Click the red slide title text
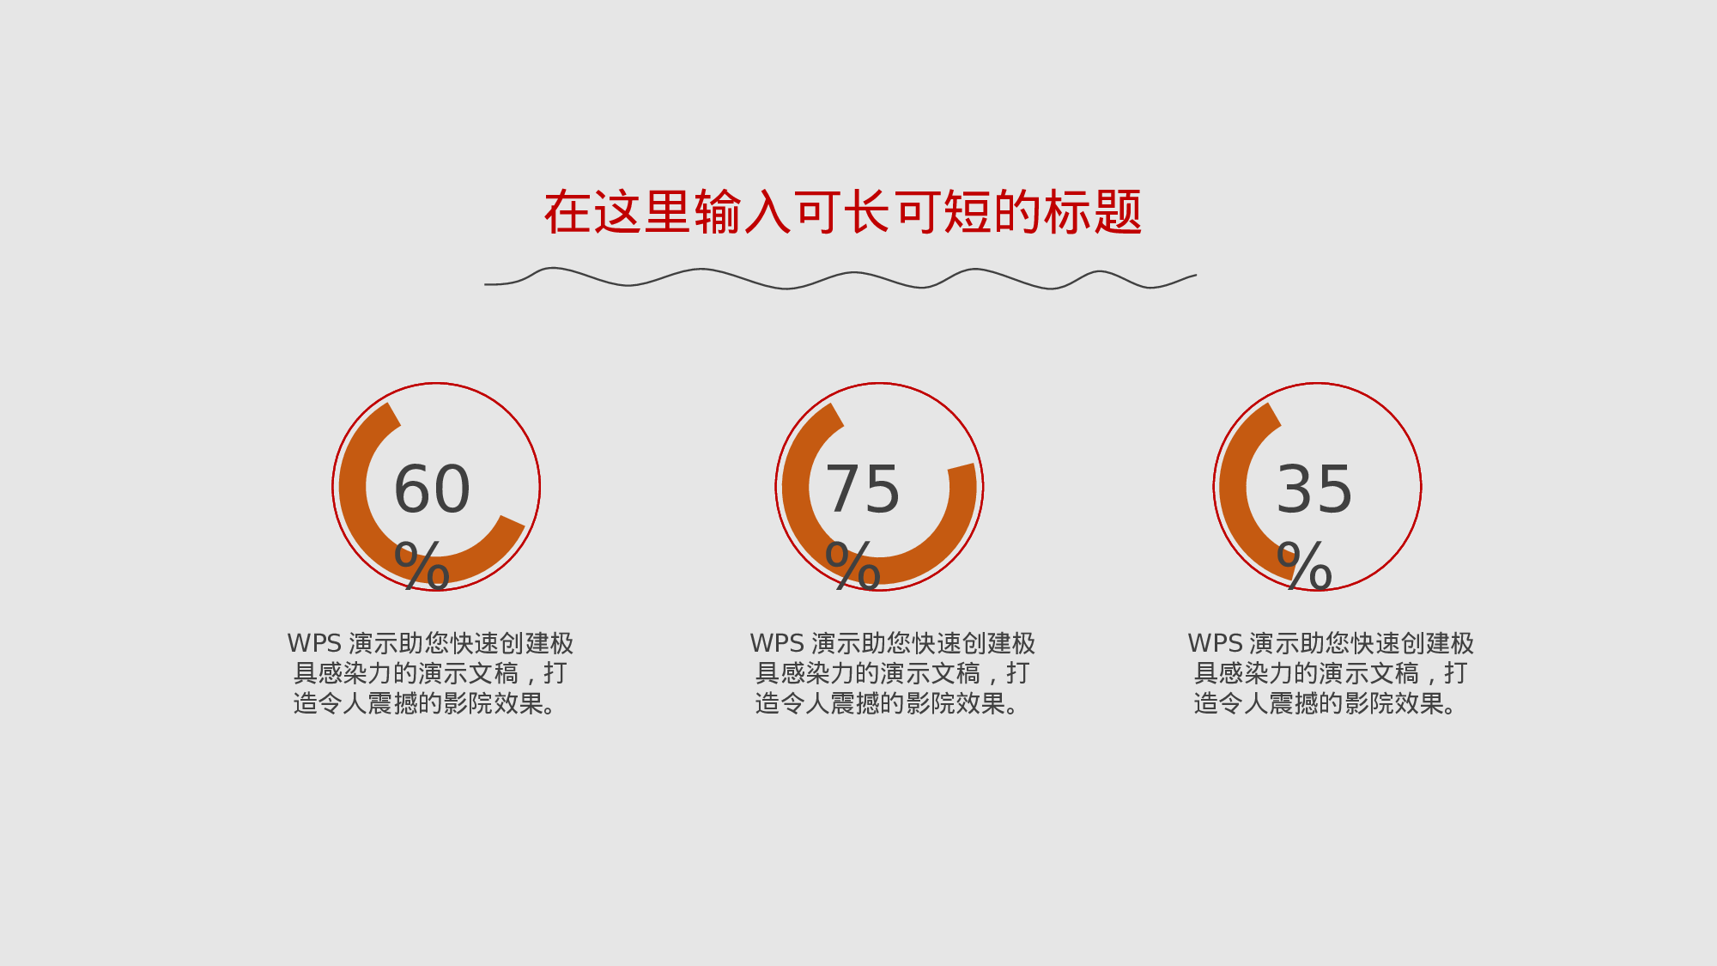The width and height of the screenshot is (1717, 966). pos(843,212)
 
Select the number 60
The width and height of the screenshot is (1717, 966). pos(432,489)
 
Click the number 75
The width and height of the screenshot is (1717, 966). pos(862,489)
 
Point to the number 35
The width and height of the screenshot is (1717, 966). pos(1314,489)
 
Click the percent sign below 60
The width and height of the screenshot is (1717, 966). pos(422,566)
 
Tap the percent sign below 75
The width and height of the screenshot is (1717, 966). pos(852,566)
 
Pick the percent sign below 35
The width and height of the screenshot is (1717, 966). pos(1304,566)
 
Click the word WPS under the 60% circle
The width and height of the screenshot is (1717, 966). pos(314,643)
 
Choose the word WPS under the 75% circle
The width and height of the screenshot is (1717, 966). pos(777,643)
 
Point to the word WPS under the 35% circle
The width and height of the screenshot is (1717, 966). pos(1215,643)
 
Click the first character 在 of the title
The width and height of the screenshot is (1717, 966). pos(567,212)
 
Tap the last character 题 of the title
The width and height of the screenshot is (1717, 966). pos(1118,212)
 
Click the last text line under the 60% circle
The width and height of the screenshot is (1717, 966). pos(426,703)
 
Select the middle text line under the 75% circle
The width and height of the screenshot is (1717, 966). pos(892,673)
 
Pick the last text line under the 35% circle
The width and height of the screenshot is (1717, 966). pos(1326,703)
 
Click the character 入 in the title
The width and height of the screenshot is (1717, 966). pos(767,212)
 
